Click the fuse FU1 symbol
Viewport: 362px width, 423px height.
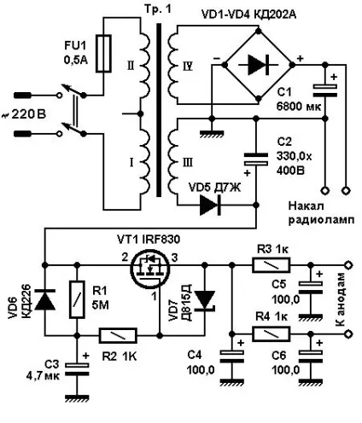coord(103,54)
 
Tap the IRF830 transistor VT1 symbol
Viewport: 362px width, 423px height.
coord(150,269)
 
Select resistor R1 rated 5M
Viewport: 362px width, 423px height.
coord(77,299)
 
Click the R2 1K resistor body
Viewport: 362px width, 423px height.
coord(118,336)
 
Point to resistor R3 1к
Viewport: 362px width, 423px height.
coord(271,265)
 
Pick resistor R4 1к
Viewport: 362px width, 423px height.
coord(271,333)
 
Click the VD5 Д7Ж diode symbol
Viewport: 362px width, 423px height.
coord(211,205)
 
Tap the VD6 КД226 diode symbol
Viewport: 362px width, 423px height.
coord(44,299)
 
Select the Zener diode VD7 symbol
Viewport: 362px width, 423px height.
coord(205,300)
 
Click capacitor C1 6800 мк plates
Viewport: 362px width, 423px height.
coord(324,91)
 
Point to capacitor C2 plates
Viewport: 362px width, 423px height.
coord(256,159)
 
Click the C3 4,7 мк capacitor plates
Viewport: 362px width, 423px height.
coord(77,369)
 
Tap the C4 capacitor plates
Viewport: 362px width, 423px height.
coord(232,356)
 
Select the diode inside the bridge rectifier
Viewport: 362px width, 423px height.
coord(258,65)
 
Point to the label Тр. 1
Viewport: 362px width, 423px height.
coord(158,9)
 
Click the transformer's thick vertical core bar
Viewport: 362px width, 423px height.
coord(159,110)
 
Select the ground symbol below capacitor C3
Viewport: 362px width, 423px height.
coord(77,398)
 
